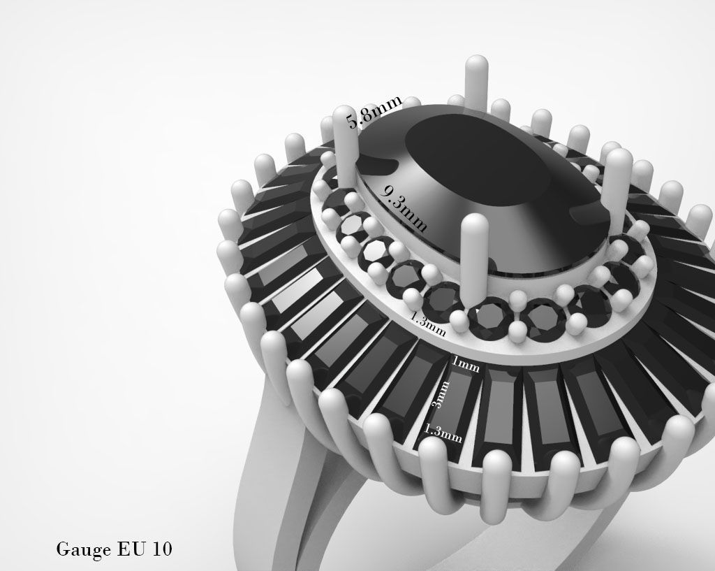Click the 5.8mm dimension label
pos(375,113)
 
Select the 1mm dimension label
pos(465,364)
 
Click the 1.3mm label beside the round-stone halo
pos(427,322)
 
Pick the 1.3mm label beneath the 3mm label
pos(442,433)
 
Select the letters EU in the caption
pos(126,549)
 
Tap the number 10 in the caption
pos(160,549)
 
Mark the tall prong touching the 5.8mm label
pos(346,147)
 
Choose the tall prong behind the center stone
pos(476,84)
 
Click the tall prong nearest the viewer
pos(476,259)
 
